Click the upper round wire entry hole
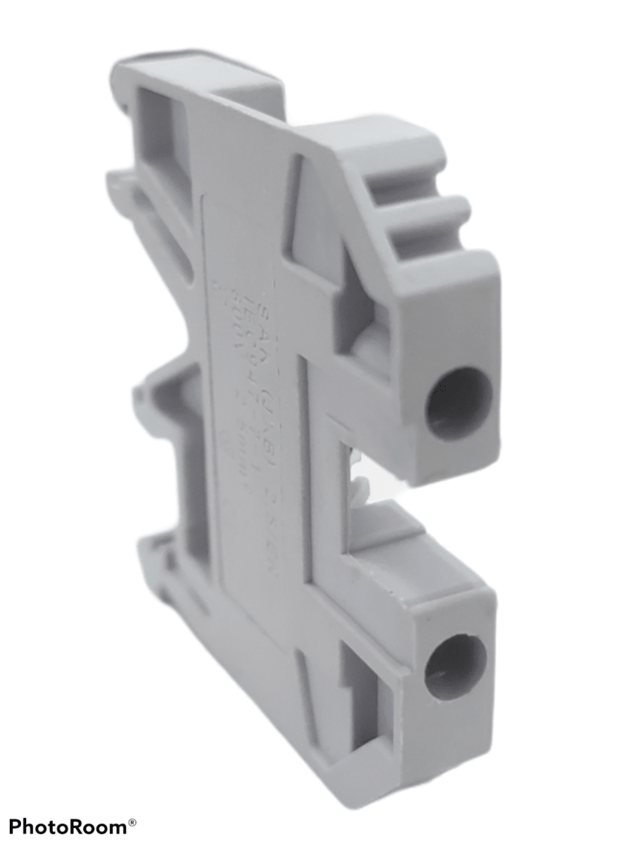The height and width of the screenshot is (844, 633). pyautogui.click(x=459, y=404)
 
